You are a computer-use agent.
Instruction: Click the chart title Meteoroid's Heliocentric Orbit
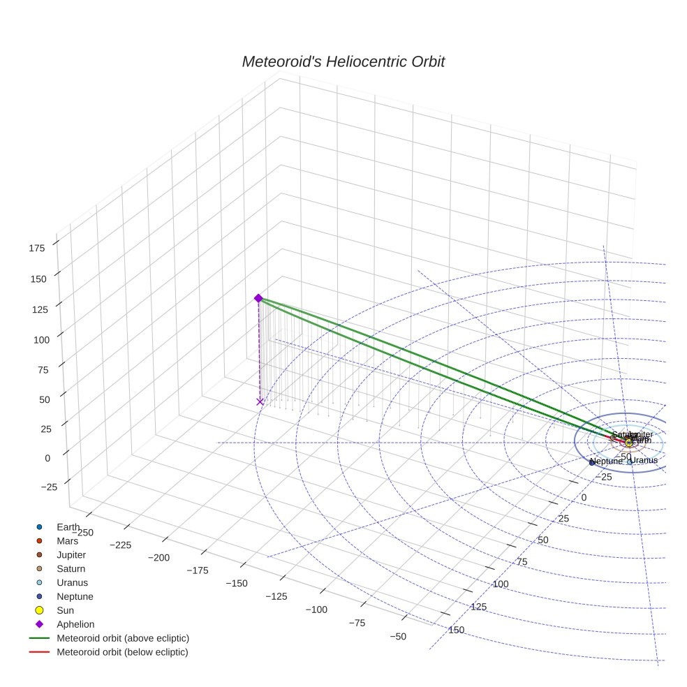[x=343, y=62]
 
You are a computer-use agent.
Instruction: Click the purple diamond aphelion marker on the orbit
[x=258, y=298]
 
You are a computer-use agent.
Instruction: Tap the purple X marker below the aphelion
[x=260, y=401]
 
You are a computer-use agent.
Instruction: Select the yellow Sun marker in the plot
[x=629, y=443]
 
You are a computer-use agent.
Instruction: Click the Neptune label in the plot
[x=605, y=461]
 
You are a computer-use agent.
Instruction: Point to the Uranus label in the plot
[x=644, y=460]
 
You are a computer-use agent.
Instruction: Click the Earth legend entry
[x=68, y=527]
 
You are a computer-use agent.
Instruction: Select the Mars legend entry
[x=66, y=541]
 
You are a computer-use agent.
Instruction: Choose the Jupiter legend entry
[x=71, y=555]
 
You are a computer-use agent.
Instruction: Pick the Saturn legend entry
[x=71, y=569]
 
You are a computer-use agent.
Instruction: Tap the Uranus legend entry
[x=72, y=583]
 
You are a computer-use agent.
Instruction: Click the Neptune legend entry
[x=74, y=597]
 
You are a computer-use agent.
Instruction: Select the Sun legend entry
[x=65, y=610]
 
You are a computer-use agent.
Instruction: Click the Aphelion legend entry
[x=75, y=624]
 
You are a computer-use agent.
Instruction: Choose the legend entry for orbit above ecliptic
[x=122, y=638]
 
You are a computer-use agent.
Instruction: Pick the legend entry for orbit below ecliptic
[x=122, y=652]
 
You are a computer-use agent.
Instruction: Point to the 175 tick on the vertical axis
[x=38, y=247]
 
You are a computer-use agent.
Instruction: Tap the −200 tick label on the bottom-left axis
[x=160, y=558]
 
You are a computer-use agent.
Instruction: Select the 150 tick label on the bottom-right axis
[x=455, y=630]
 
